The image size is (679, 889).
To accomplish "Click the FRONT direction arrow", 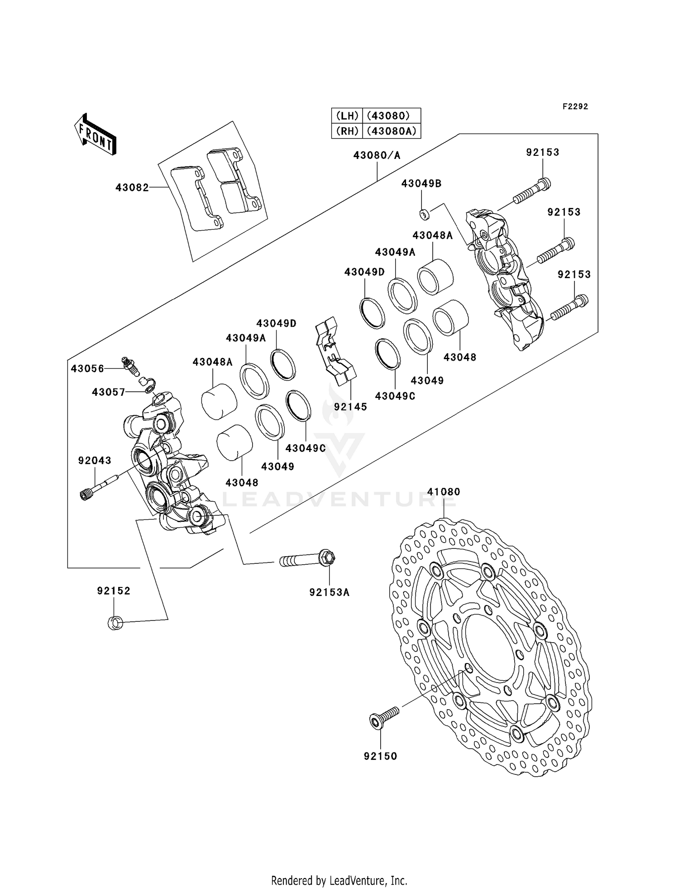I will click(96, 135).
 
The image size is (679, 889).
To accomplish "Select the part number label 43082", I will click(132, 187).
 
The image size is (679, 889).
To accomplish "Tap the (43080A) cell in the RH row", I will click(391, 131).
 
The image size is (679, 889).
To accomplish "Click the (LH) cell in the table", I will click(347, 115).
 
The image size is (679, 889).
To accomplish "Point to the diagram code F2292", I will click(575, 106).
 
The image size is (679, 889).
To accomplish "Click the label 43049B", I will click(421, 183).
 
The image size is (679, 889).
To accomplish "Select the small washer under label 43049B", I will click(424, 214).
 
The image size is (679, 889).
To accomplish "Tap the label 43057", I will click(109, 392).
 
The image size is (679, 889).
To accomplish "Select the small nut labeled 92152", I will click(115, 623).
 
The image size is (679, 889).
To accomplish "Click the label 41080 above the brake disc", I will click(444, 491).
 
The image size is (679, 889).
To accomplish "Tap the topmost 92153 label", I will click(542, 152).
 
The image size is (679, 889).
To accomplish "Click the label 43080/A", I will click(377, 155).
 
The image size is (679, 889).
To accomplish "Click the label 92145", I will click(350, 407).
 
